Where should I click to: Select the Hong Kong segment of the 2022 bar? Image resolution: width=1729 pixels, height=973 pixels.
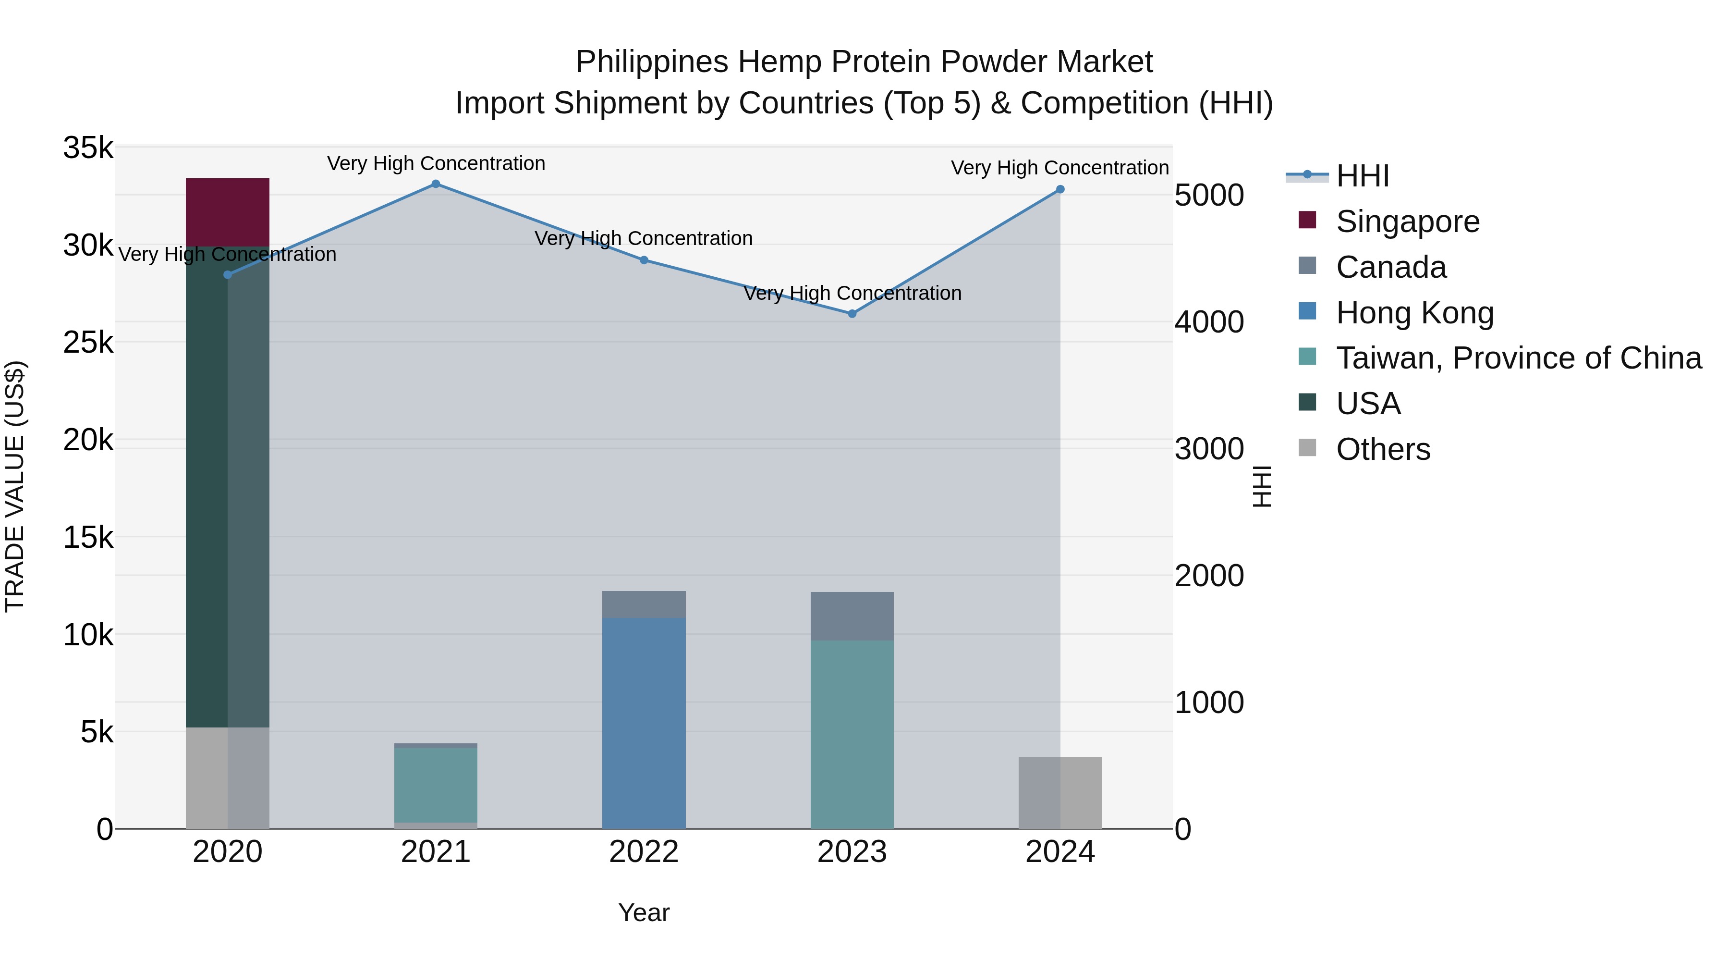click(643, 722)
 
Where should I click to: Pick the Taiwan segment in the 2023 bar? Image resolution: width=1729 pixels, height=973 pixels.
click(851, 733)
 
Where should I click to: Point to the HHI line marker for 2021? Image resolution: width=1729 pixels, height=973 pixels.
click(436, 184)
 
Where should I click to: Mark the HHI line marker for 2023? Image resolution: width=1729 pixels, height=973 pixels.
click(852, 314)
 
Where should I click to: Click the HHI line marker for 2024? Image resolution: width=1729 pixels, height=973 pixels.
click(1060, 189)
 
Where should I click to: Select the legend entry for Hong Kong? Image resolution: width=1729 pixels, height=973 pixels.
click(1414, 313)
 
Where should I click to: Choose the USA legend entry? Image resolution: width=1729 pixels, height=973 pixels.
click(1368, 404)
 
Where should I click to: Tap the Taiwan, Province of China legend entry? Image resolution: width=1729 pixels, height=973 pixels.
click(1518, 358)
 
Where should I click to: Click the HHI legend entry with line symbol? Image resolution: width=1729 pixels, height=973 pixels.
click(1362, 176)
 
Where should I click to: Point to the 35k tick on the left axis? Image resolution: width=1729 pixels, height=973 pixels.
click(88, 148)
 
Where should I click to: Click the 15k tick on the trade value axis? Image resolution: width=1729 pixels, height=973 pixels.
click(88, 537)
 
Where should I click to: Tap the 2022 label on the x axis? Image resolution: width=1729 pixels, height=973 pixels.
click(643, 852)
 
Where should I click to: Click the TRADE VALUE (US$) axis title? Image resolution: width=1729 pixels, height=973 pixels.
click(15, 486)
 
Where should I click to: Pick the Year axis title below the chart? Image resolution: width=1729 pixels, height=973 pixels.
click(643, 912)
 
